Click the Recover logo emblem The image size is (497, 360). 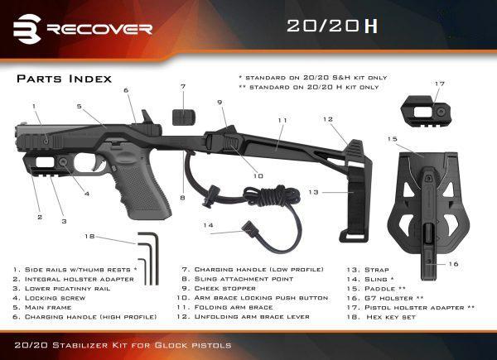pyautogui.click(x=27, y=29)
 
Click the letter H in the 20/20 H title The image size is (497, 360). pyautogui.click(x=371, y=26)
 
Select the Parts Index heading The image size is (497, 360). pyautogui.click(x=65, y=79)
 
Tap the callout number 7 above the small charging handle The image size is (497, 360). pyautogui.click(x=183, y=86)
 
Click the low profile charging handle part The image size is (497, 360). pyautogui.click(x=184, y=118)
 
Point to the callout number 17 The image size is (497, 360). pyautogui.click(x=440, y=84)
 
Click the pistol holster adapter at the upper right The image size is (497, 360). pyautogui.click(x=426, y=112)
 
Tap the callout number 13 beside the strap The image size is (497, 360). pyautogui.click(x=313, y=192)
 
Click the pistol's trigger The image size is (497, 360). pyautogui.click(x=101, y=165)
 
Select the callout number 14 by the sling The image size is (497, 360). pyautogui.click(x=208, y=225)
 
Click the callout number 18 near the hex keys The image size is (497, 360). pyautogui.click(x=89, y=236)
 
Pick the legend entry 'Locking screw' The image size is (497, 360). pyautogui.click(x=55, y=298)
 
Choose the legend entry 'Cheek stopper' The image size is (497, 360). pyautogui.click(x=224, y=289)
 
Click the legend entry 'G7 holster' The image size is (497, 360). pyautogui.click(x=394, y=298)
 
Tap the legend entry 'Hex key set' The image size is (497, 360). pyautogui.click(x=391, y=317)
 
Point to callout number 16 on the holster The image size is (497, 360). pyautogui.click(x=454, y=264)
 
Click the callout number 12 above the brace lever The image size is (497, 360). pyautogui.click(x=328, y=119)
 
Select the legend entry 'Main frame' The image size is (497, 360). pyautogui.click(x=48, y=307)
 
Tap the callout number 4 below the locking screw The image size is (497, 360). pyautogui.click(x=87, y=194)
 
